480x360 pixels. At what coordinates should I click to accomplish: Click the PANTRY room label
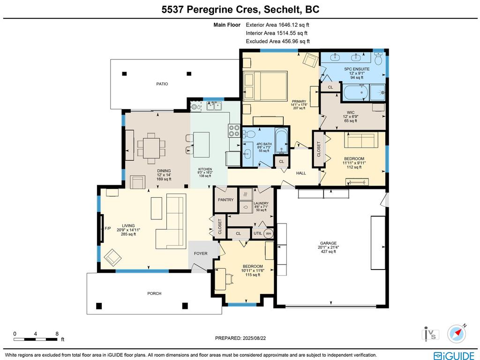pyautogui.click(x=225, y=199)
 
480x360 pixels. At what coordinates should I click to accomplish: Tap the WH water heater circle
pyautogui.click(x=269, y=233)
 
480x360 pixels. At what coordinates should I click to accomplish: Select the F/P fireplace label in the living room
pyautogui.click(x=107, y=228)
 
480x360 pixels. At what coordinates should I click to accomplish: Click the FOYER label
pyautogui.click(x=201, y=254)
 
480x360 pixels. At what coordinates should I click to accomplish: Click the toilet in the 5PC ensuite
pyautogui.click(x=379, y=59)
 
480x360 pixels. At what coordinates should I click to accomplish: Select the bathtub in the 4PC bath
pyautogui.click(x=281, y=140)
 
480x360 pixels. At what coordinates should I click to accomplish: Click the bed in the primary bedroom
pyautogui.click(x=265, y=86)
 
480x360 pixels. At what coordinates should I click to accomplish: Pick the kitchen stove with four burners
pyautogui.click(x=234, y=130)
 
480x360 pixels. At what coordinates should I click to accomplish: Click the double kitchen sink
pyautogui.click(x=215, y=106)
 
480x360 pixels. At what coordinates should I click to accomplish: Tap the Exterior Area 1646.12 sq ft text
pyautogui.click(x=277, y=25)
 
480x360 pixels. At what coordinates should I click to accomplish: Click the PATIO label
pyautogui.click(x=162, y=84)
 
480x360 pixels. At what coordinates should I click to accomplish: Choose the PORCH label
pyautogui.click(x=154, y=293)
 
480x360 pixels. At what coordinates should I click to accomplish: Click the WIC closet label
pyautogui.click(x=351, y=112)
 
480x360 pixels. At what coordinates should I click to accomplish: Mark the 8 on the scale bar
pyautogui.click(x=57, y=334)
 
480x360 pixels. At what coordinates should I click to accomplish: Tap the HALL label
pyautogui.click(x=301, y=173)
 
